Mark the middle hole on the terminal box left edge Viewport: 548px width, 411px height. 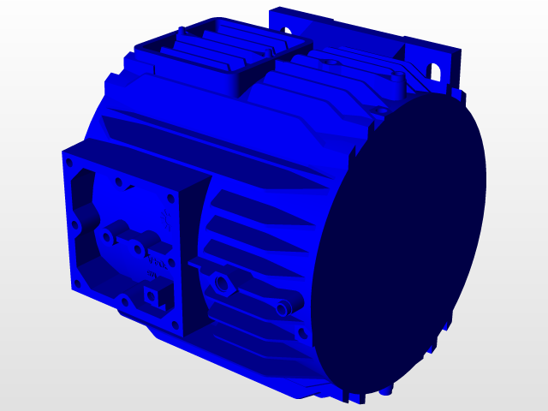point(74,224)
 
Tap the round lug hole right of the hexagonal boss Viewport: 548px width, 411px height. point(282,307)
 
